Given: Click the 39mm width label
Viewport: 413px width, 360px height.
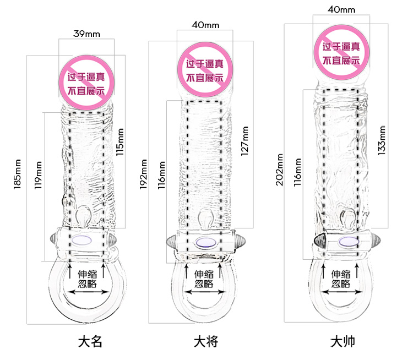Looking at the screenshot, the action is pyautogui.click(x=87, y=34).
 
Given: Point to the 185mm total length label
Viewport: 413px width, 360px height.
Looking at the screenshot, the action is pyautogui.click(x=17, y=174).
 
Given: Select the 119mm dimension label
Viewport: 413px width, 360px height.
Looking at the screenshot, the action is pyautogui.click(x=38, y=175).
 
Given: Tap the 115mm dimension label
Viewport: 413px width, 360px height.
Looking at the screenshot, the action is pyautogui.click(x=120, y=142).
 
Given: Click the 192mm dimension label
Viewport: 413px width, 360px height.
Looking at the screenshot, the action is pyautogui.click(x=143, y=174).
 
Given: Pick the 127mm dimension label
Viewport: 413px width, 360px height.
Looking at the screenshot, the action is pyautogui.click(x=244, y=141).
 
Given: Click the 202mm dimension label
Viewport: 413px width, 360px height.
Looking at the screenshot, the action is pyautogui.click(x=279, y=170).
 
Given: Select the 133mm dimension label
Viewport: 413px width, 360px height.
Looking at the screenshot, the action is pyautogui.click(x=382, y=140).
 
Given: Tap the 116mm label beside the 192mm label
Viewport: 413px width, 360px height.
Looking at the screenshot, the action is pyautogui.click(x=161, y=175).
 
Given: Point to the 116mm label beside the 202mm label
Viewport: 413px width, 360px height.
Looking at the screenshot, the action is pyautogui.click(x=297, y=172).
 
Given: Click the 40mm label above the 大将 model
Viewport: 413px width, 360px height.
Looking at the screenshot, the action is pyautogui.click(x=205, y=25).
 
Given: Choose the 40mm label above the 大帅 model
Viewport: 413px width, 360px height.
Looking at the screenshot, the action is pyautogui.click(x=341, y=10).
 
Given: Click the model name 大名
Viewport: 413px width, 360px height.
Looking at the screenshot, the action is pyautogui.click(x=90, y=342).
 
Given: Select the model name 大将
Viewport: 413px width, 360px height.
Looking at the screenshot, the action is pyautogui.click(x=206, y=342).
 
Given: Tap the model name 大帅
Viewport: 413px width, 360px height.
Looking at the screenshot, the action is pyautogui.click(x=343, y=342).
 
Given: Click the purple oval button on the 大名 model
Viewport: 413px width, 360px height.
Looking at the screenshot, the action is pyautogui.click(x=81, y=240).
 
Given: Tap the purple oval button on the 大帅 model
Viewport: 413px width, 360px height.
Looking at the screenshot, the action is pyautogui.click(x=348, y=242).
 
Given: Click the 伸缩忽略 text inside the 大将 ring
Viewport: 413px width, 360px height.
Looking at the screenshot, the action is pyautogui.click(x=204, y=279).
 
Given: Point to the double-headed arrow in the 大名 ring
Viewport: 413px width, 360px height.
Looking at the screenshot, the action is pyautogui.click(x=88, y=292).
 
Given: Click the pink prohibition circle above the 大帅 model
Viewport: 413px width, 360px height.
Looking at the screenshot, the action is pyautogui.click(x=341, y=53).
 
